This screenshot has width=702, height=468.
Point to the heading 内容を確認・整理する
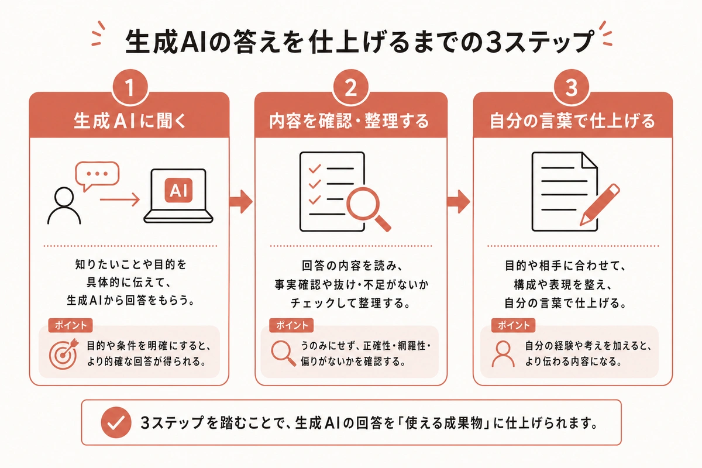(351, 122)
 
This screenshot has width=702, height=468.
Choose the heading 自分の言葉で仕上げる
(572, 122)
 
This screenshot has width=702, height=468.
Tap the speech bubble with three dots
(97, 175)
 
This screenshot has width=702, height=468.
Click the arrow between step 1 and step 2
(240, 202)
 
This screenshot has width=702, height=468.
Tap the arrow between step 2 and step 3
(460, 202)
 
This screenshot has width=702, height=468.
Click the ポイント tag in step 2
(291, 325)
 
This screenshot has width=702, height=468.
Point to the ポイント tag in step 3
(514, 325)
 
